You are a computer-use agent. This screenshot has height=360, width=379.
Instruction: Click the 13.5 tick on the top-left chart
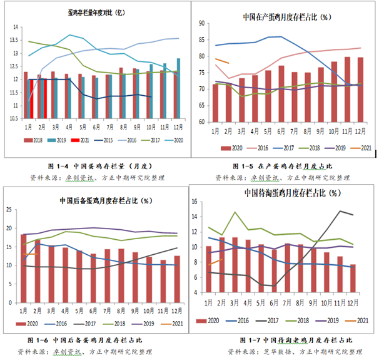pos(14,39)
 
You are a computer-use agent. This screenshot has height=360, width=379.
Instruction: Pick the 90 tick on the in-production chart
pos(202,23)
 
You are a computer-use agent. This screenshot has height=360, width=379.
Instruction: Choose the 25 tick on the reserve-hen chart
pos(10,208)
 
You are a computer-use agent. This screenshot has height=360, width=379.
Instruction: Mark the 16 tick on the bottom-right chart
pos(195,202)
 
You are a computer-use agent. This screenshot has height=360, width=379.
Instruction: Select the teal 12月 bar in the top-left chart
pos(178,87)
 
